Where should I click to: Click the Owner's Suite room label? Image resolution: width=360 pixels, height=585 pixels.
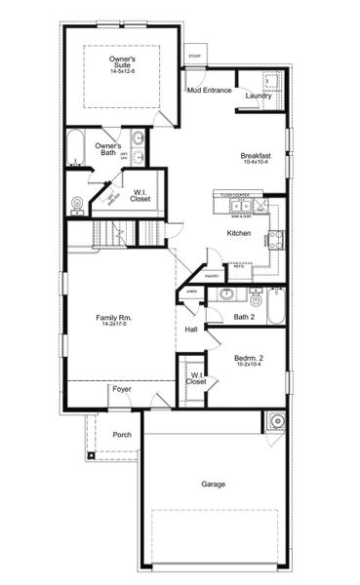pos(122,61)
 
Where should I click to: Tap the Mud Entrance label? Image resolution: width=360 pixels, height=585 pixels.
pos(209,91)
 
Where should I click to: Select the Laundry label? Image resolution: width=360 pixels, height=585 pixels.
pos(259,96)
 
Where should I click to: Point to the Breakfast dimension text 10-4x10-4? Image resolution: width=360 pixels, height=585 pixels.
pos(256,162)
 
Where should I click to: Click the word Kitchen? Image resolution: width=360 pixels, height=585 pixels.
pos(240,234)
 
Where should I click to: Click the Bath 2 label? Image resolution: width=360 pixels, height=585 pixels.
pos(244,317)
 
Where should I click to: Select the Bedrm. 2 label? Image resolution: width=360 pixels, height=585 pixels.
pos(248,358)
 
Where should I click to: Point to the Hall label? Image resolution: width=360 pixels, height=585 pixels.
pos(191,330)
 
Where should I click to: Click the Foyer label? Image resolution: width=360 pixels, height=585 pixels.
pos(122,389)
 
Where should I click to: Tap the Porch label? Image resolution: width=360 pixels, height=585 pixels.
pos(122,435)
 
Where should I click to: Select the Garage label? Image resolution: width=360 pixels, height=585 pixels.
pos(214,485)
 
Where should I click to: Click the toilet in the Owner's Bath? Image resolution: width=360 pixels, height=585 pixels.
pos(76,203)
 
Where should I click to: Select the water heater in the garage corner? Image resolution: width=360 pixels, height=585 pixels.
pos(276,421)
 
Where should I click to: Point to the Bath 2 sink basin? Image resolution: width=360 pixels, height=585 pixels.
pos(226,294)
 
